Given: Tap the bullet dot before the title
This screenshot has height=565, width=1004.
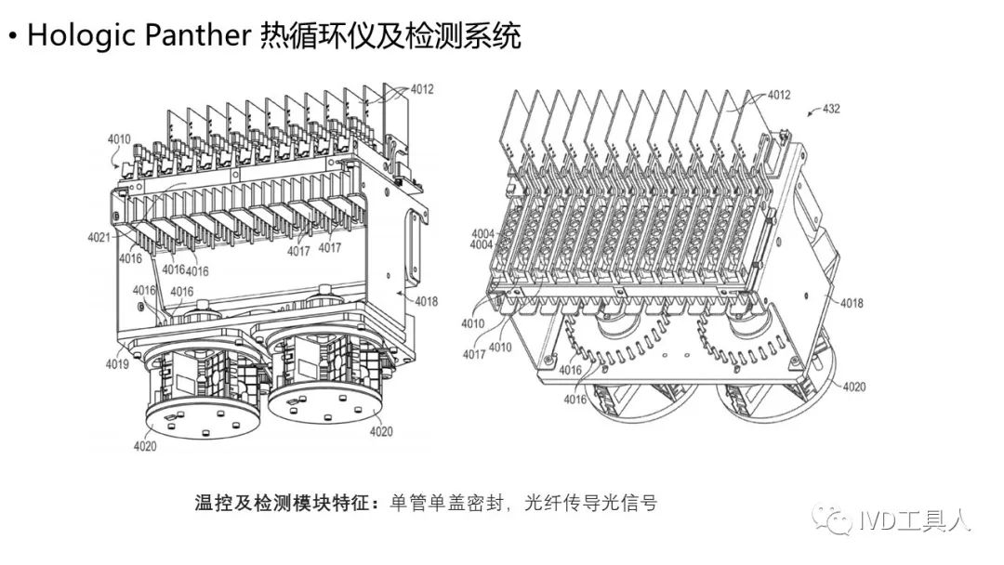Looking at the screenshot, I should click(12, 37).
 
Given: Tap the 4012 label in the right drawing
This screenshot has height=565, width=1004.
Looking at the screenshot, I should click(778, 96).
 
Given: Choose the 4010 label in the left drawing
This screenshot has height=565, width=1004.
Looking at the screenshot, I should click(119, 139).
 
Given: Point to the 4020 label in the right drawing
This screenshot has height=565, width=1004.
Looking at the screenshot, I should click(852, 386).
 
